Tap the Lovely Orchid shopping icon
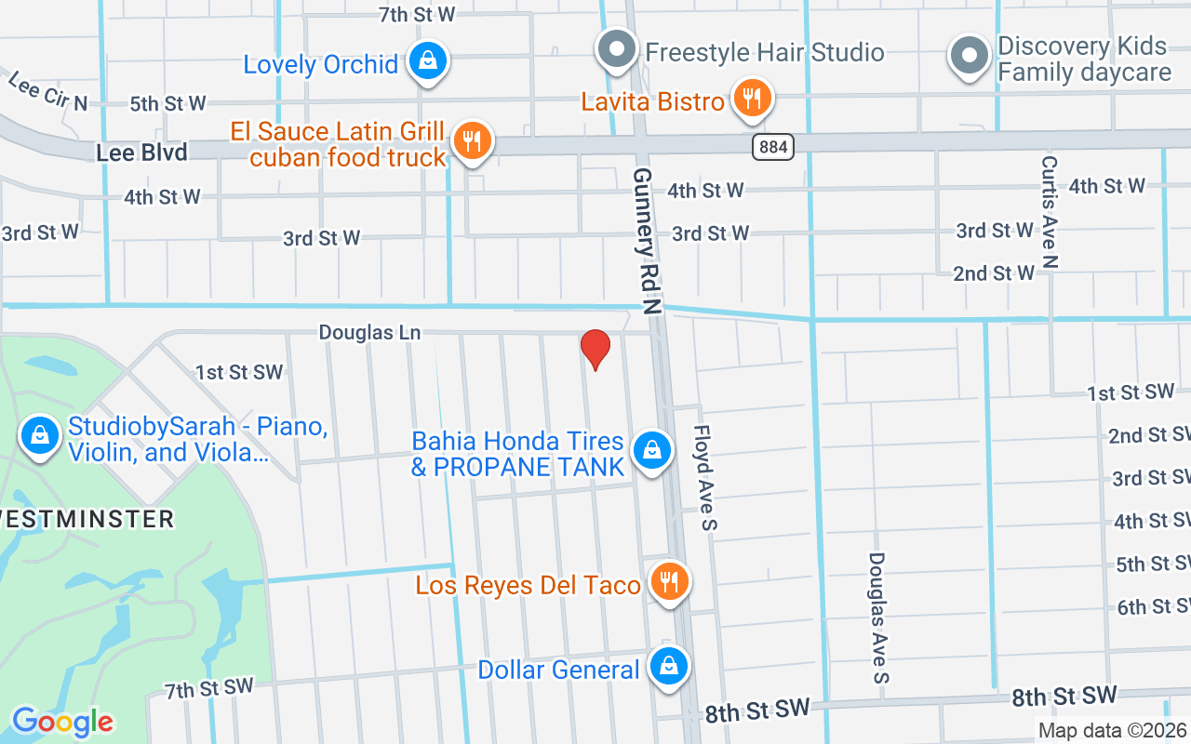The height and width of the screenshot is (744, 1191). [x=427, y=61]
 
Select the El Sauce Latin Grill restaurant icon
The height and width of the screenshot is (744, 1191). [x=473, y=141]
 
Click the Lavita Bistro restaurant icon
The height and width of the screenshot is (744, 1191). [x=752, y=97]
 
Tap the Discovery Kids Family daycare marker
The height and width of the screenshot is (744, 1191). [x=969, y=56]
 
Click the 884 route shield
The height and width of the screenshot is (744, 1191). [x=773, y=146]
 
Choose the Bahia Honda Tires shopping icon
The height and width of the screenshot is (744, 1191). [x=651, y=450]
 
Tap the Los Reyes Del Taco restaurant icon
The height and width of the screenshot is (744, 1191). [x=668, y=582]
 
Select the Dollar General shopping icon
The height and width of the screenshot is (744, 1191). [x=668, y=666]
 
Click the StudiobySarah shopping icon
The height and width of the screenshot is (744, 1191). [x=39, y=433]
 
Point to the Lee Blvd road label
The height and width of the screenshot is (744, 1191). [x=141, y=152]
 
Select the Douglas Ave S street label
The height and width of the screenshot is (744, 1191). [x=878, y=618]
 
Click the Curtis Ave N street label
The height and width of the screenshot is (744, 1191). [x=1050, y=212]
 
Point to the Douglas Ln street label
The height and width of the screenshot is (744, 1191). [x=369, y=332]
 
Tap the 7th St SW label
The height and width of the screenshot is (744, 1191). [x=209, y=688]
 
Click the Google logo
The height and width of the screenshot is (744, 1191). [x=63, y=722]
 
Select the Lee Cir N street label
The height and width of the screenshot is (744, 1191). [x=47, y=91]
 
